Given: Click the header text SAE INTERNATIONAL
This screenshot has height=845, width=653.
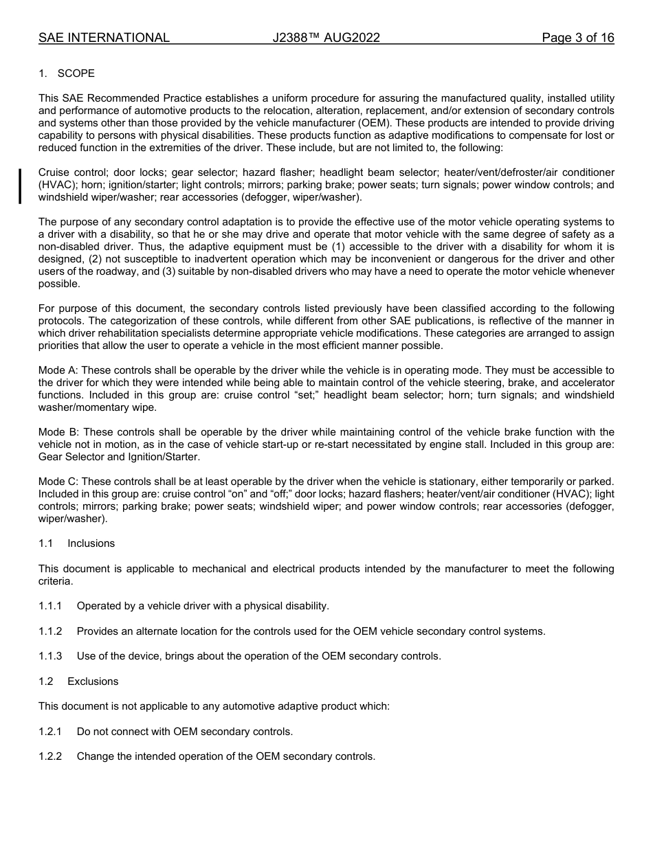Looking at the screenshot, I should [x=104, y=38].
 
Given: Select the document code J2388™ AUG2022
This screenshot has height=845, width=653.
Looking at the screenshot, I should [x=326, y=38].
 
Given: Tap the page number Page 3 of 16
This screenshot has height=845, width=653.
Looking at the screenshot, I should [x=577, y=38].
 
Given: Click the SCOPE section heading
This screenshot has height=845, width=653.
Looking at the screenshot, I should [x=76, y=74].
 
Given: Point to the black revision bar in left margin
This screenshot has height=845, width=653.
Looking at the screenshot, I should [x=20, y=185].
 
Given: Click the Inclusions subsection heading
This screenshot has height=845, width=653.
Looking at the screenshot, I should [x=91, y=543].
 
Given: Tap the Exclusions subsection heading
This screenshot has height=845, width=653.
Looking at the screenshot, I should [x=93, y=681].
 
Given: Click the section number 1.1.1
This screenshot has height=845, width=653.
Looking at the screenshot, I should [x=50, y=606].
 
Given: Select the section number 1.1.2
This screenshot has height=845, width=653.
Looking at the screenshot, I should [x=50, y=631].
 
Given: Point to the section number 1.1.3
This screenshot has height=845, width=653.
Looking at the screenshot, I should [x=50, y=656].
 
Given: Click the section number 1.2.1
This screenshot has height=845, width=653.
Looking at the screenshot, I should [x=50, y=732].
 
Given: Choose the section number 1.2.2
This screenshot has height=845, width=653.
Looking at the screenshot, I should [x=50, y=756].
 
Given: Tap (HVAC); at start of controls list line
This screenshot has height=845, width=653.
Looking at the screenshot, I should [x=58, y=185].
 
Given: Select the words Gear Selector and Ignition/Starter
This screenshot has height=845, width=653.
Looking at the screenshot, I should [x=119, y=457].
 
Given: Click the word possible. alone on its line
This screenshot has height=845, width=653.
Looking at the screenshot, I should [x=59, y=284].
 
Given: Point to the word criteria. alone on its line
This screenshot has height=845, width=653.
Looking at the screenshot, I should [x=56, y=581].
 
